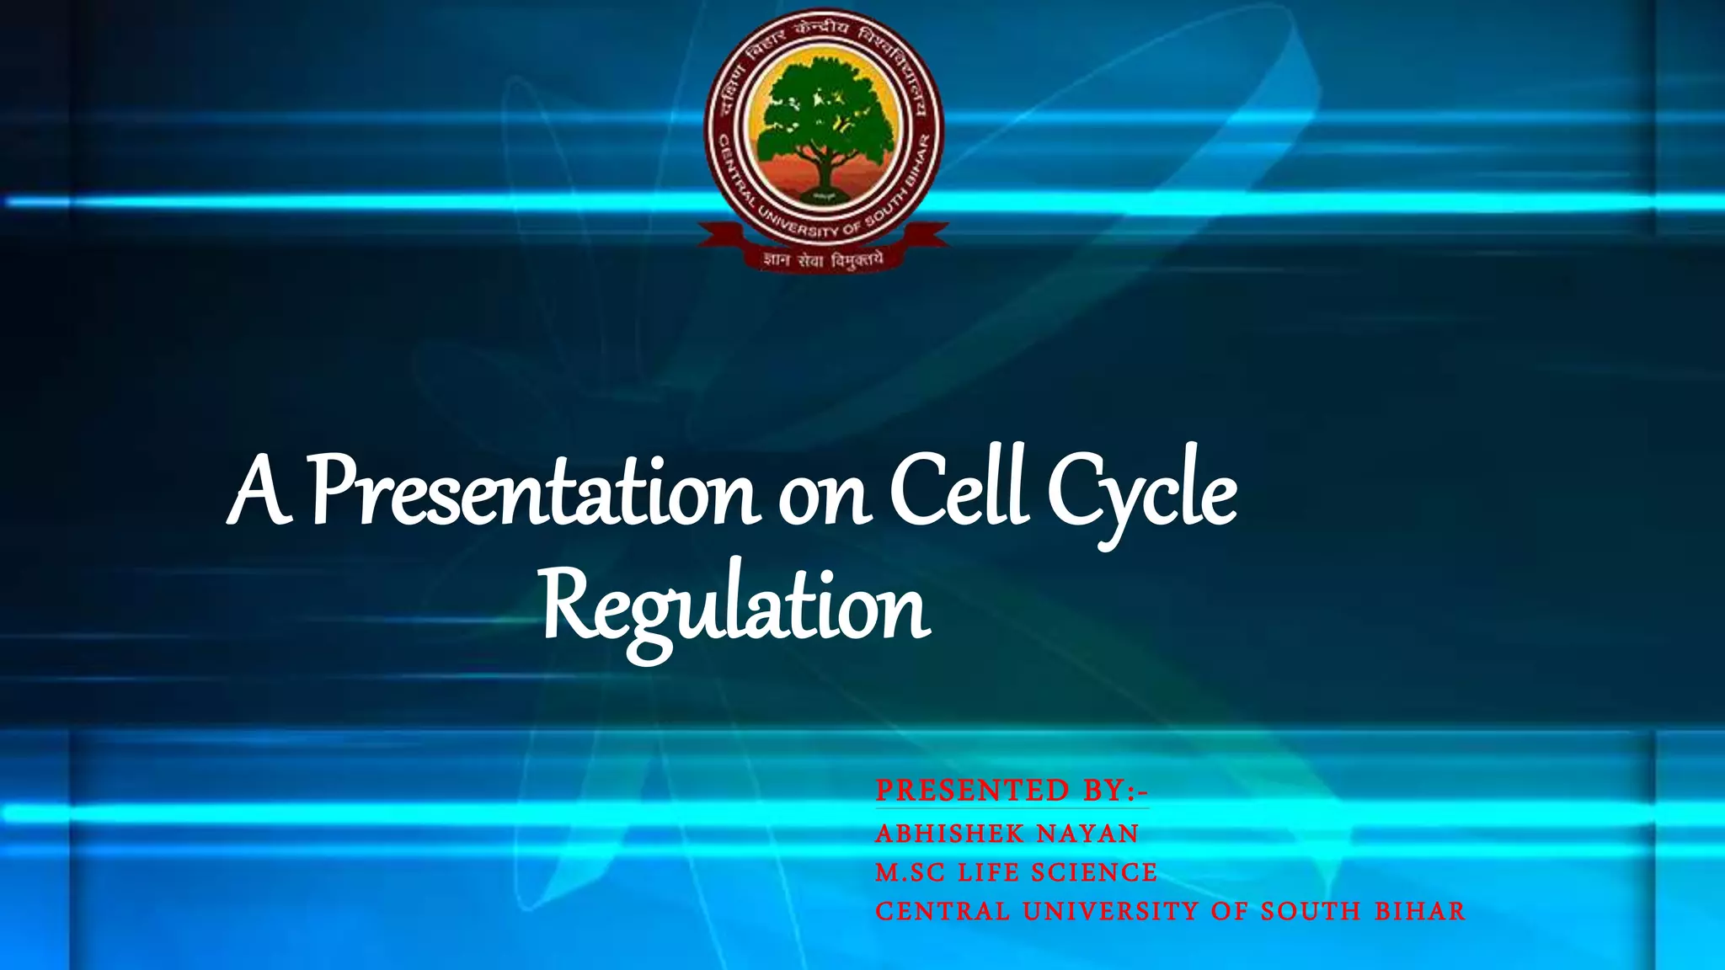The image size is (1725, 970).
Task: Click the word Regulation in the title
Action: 734,606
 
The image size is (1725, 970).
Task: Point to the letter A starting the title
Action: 259,493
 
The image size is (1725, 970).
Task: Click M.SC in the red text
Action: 910,872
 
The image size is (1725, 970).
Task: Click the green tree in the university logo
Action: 823,114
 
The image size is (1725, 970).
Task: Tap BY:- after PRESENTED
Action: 1115,791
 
